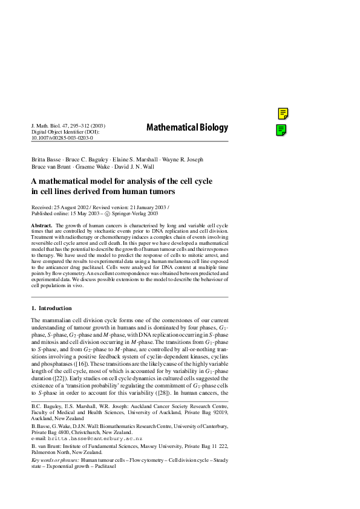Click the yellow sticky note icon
[x=283, y=113]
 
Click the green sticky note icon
[x=281, y=129]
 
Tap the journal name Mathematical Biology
[x=187, y=127]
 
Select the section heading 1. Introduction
[x=51, y=308]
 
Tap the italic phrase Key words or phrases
[x=59, y=460]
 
